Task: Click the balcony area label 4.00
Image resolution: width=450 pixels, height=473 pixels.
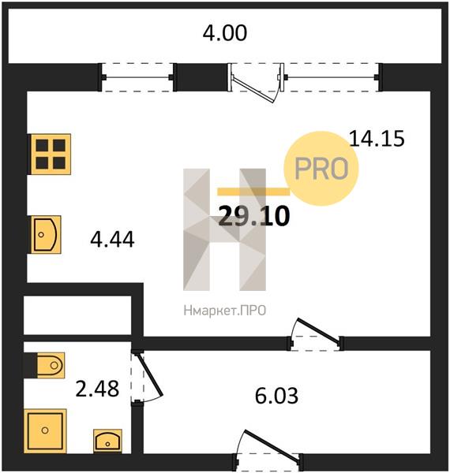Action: click(x=225, y=33)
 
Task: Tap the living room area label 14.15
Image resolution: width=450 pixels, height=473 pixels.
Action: click(x=377, y=139)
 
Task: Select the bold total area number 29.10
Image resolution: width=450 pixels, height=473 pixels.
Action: click(x=254, y=216)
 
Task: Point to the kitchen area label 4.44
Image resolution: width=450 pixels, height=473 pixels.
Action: click(x=112, y=240)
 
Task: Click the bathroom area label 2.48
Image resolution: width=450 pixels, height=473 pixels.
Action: click(x=97, y=389)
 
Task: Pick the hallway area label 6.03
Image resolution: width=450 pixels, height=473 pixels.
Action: click(x=276, y=396)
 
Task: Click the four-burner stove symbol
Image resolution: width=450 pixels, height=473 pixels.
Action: click(x=50, y=155)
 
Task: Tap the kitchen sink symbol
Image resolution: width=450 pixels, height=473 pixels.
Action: click(x=45, y=234)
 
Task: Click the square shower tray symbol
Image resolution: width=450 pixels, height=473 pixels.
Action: click(x=45, y=430)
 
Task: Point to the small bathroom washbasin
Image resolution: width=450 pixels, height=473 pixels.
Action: click(x=108, y=441)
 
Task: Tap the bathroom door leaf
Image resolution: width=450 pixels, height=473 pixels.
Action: click(x=149, y=374)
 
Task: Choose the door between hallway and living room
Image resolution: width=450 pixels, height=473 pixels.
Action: click(x=319, y=331)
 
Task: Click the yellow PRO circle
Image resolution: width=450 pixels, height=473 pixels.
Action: click(x=321, y=169)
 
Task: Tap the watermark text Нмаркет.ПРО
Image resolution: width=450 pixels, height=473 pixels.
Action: click(x=225, y=311)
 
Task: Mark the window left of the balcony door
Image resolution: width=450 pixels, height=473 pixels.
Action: click(x=137, y=77)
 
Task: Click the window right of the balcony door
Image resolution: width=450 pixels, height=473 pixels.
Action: click(x=331, y=77)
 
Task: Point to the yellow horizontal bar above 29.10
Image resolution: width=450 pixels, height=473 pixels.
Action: click(x=253, y=192)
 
